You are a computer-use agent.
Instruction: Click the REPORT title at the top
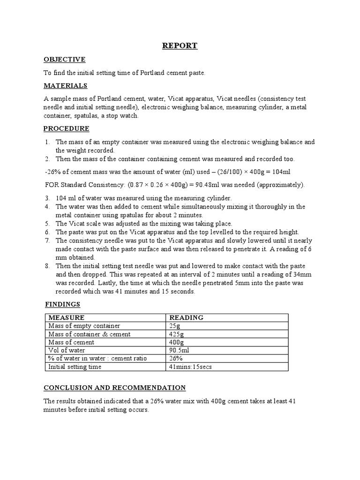tap(180, 45)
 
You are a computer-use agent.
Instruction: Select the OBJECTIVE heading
tap(64, 60)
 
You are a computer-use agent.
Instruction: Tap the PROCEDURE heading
tap(66, 128)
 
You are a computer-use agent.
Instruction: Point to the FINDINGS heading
tap(62, 304)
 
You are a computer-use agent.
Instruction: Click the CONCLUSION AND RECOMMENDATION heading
tap(114, 388)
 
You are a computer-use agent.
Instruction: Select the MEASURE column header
tap(67, 317)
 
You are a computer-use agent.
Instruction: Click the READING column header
tap(186, 317)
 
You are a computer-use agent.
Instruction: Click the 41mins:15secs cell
tap(190, 367)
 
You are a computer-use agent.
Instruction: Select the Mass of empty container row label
tap(84, 326)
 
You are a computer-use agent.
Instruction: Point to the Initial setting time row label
tap(75, 367)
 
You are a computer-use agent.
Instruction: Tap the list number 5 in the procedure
tap(47, 223)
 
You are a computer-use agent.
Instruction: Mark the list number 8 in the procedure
tap(47, 266)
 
